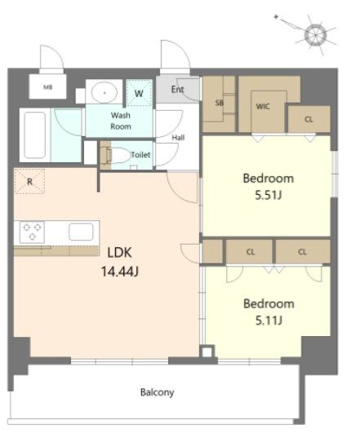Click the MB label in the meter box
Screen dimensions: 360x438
click(48, 87)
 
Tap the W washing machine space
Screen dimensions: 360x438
click(139, 93)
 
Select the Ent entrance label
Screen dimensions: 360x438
click(177, 90)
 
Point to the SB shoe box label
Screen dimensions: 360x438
click(220, 103)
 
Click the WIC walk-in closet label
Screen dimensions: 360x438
click(263, 106)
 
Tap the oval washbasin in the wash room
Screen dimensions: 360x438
click(104, 92)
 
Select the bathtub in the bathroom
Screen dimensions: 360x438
click(35, 135)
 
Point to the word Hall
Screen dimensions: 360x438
click(178, 137)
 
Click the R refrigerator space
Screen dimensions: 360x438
click(29, 181)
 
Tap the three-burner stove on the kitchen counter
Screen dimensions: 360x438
click(32, 232)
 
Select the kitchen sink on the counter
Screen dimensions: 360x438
click(81, 232)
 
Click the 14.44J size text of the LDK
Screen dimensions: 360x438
click(120, 272)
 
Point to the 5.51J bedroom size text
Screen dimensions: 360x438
click(268, 195)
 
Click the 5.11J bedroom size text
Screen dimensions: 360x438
click(269, 320)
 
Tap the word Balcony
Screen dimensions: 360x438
click(157, 392)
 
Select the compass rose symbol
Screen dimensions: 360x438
click(315, 35)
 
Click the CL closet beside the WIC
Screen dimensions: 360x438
click(309, 119)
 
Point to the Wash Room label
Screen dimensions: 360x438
click(121, 121)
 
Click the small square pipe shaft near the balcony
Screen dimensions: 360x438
click(207, 352)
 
